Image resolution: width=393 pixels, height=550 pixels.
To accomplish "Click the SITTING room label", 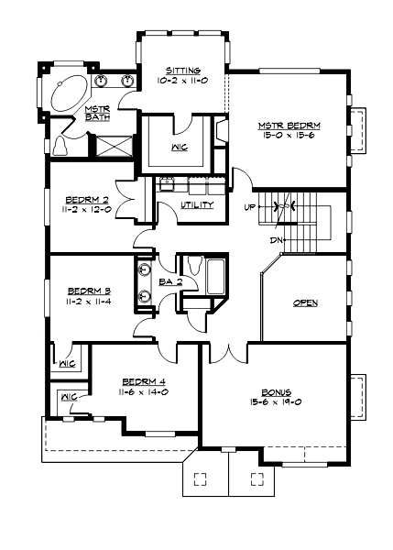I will tap(183, 71).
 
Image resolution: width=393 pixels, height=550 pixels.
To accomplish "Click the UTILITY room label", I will tap(197, 204).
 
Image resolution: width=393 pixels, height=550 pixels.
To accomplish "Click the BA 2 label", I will tap(169, 281).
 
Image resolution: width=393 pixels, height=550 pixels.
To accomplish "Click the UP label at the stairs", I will tap(249, 206).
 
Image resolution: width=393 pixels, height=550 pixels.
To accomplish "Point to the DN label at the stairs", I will tap(275, 240).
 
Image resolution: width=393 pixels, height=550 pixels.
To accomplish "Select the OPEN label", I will tap(305, 302).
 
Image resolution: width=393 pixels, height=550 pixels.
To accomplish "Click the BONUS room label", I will tap(275, 390).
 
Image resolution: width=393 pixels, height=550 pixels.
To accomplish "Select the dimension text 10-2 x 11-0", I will tap(183, 82).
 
